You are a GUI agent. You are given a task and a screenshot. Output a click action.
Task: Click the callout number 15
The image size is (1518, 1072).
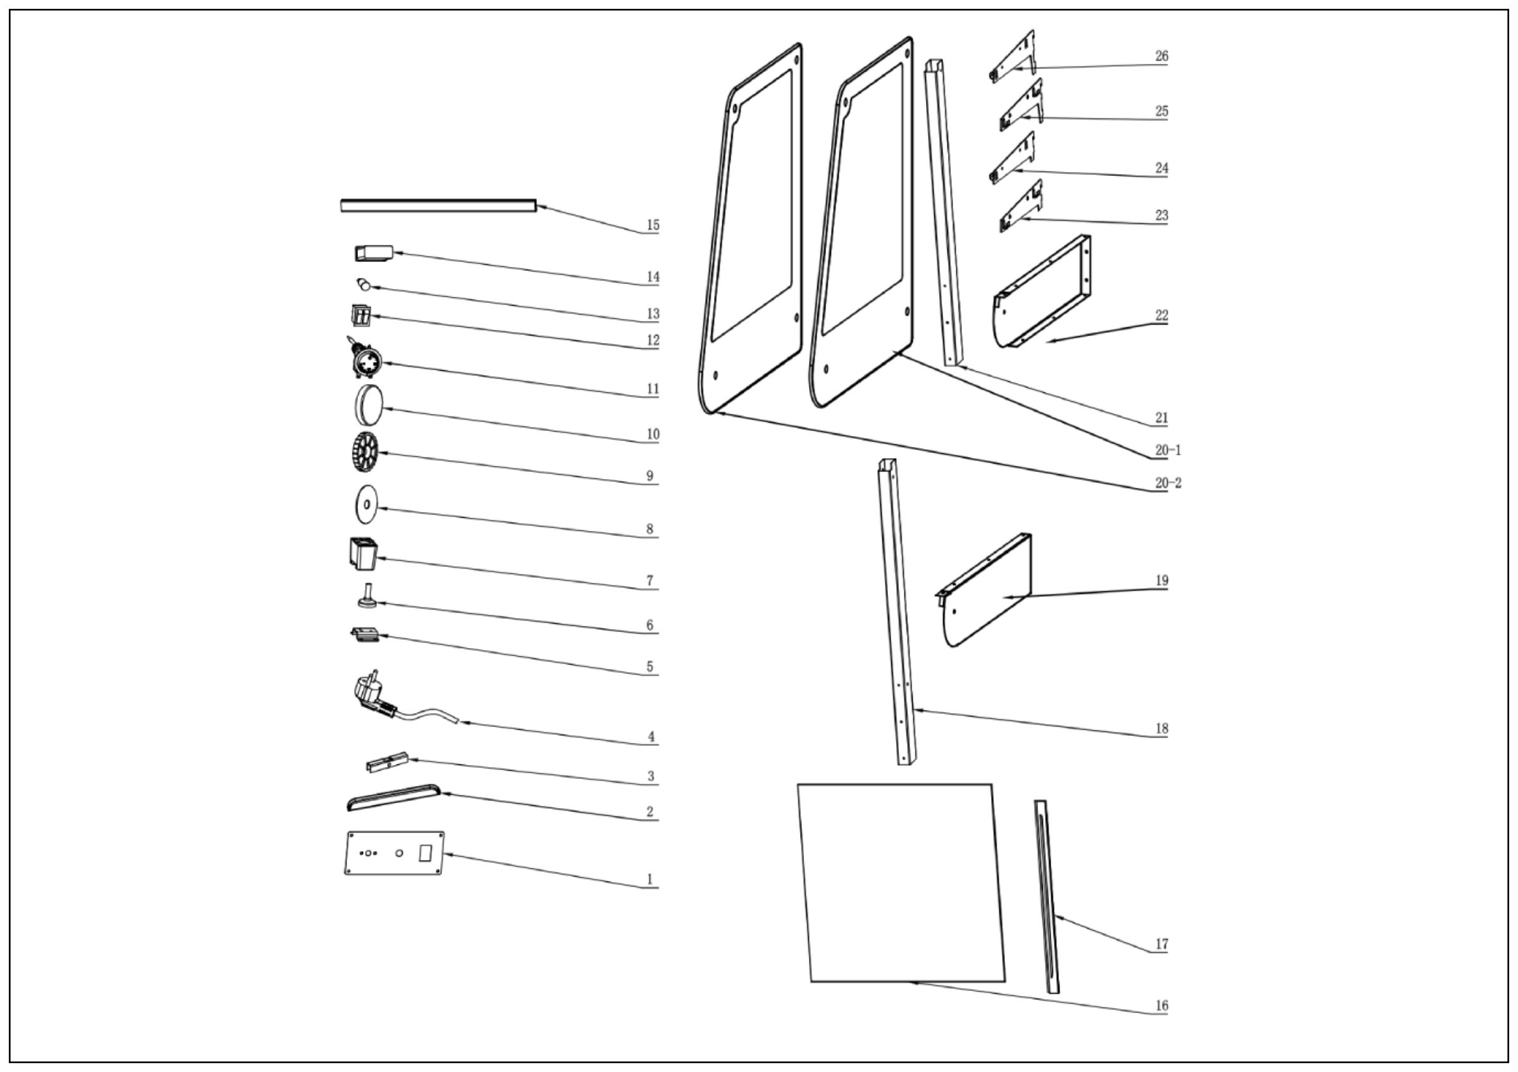tap(653, 225)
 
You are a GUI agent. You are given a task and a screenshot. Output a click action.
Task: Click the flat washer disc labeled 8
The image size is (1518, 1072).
tap(366, 504)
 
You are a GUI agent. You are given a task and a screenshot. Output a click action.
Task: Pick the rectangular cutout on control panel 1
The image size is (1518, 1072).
tap(425, 852)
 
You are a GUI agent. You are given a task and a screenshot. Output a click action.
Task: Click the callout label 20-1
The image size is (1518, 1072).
tap(1168, 451)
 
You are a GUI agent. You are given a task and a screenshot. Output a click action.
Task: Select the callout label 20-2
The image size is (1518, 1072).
tap(1168, 483)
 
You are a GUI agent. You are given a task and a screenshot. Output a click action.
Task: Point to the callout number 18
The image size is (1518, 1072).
tap(1162, 729)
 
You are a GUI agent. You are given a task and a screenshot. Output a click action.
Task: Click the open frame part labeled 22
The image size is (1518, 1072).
tap(1043, 292)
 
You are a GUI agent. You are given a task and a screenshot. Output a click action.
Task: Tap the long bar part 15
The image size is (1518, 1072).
tap(437, 206)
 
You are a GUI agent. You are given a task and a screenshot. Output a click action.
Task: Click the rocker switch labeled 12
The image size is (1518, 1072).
tap(361, 316)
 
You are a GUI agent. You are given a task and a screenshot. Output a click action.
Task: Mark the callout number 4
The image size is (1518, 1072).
tap(651, 737)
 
